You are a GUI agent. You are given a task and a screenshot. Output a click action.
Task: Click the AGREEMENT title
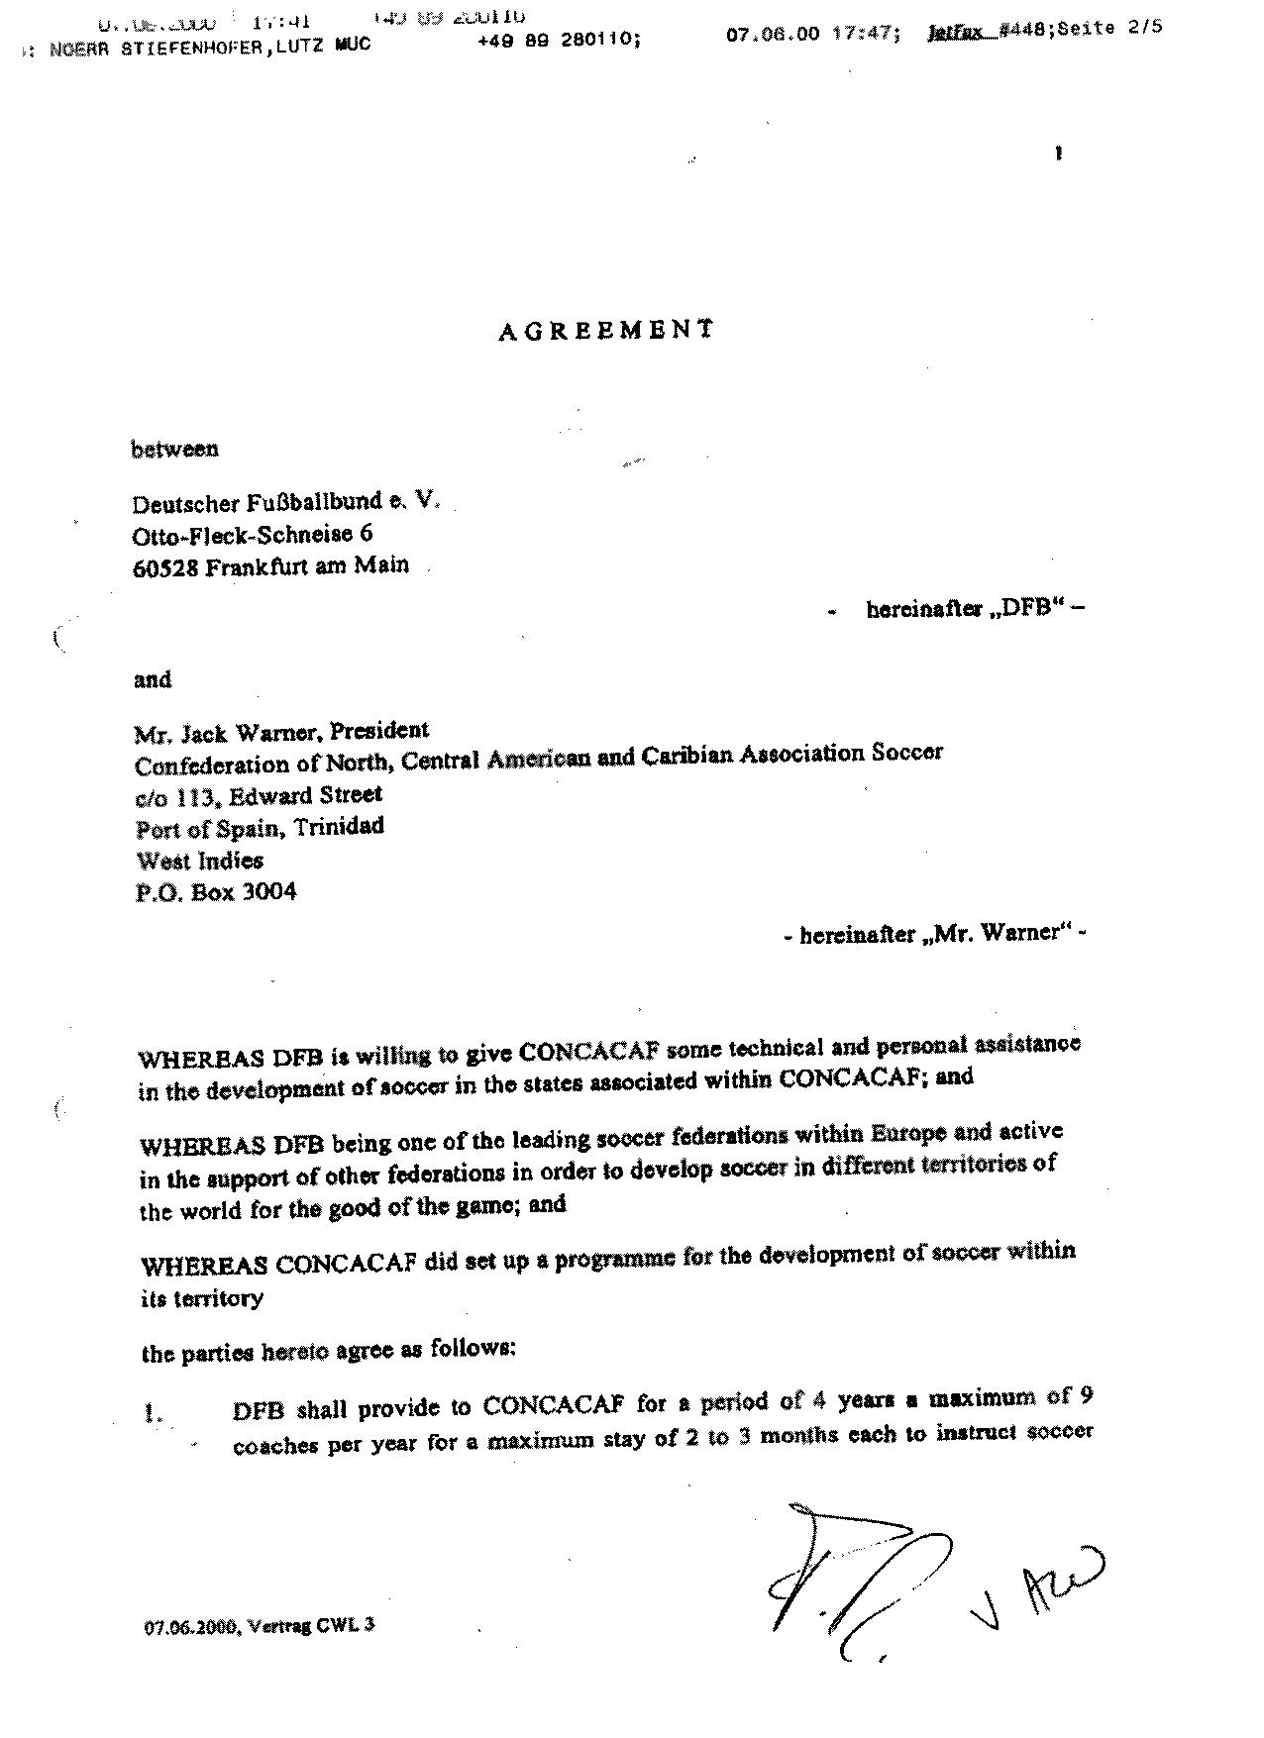[x=605, y=331]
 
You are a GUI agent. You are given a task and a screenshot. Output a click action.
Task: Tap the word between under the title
[x=175, y=450]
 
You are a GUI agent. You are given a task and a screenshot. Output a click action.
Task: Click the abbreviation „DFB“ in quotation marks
[x=1023, y=609]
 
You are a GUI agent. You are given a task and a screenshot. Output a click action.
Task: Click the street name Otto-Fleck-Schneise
[x=243, y=536]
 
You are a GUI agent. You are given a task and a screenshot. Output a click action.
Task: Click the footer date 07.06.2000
[x=189, y=1625]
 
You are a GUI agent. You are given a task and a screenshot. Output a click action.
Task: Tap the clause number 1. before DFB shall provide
[x=153, y=1414]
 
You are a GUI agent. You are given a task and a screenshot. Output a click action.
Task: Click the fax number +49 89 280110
[x=559, y=43]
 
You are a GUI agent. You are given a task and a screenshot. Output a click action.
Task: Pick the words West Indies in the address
[x=199, y=860]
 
